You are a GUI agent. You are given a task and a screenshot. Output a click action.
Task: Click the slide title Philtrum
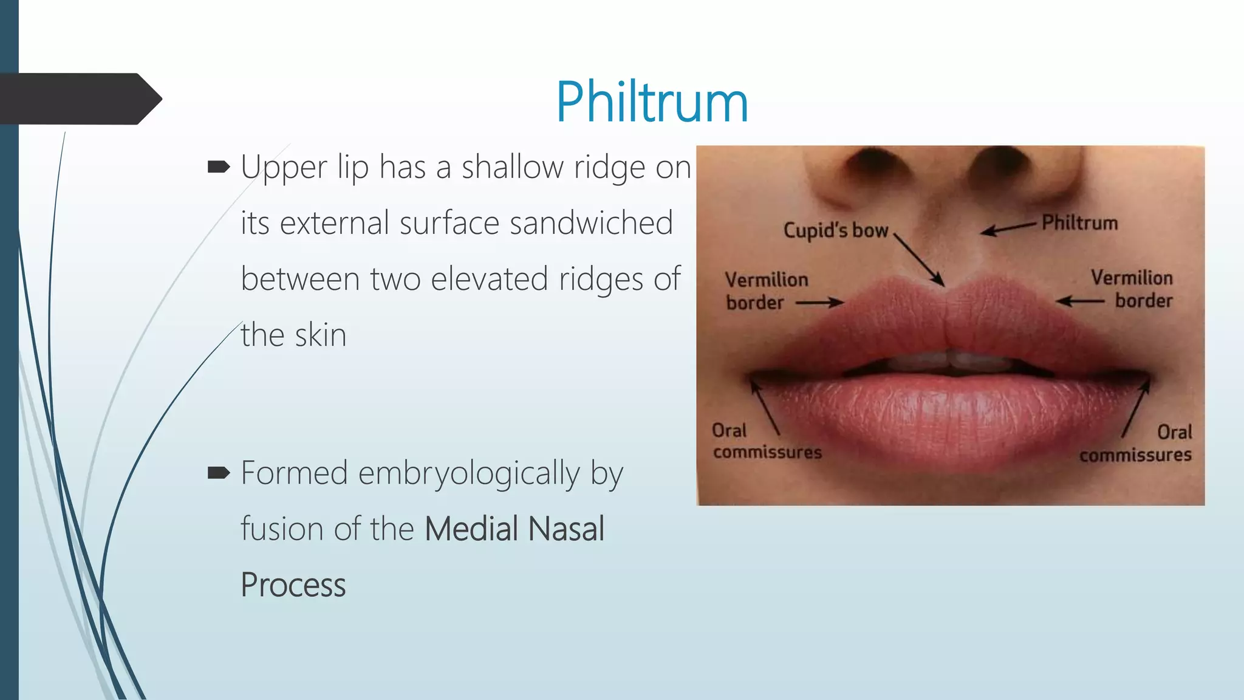click(652, 101)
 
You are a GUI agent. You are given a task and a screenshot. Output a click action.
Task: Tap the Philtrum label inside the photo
click(1079, 223)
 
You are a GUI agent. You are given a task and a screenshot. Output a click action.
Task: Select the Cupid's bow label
click(835, 230)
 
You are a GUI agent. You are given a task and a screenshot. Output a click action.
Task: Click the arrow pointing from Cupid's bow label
click(919, 260)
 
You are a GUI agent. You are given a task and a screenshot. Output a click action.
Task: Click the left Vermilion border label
click(766, 290)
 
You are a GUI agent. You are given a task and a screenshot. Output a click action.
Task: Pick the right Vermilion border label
click(1132, 289)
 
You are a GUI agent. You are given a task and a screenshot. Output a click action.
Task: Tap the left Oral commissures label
click(767, 441)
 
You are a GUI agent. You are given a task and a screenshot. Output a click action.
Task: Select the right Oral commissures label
click(1136, 444)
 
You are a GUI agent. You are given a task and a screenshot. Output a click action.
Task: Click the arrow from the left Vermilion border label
click(819, 302)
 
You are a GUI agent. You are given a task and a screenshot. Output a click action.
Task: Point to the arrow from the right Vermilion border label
click(1080, 301)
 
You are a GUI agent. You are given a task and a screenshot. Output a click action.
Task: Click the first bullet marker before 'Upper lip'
click(219, 167)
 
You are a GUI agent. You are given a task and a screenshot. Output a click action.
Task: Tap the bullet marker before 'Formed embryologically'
click(219, 473)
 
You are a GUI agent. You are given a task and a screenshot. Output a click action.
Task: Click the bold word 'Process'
click(293, 585)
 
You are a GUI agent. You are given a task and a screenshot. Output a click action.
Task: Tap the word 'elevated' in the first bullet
click(490, 279)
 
